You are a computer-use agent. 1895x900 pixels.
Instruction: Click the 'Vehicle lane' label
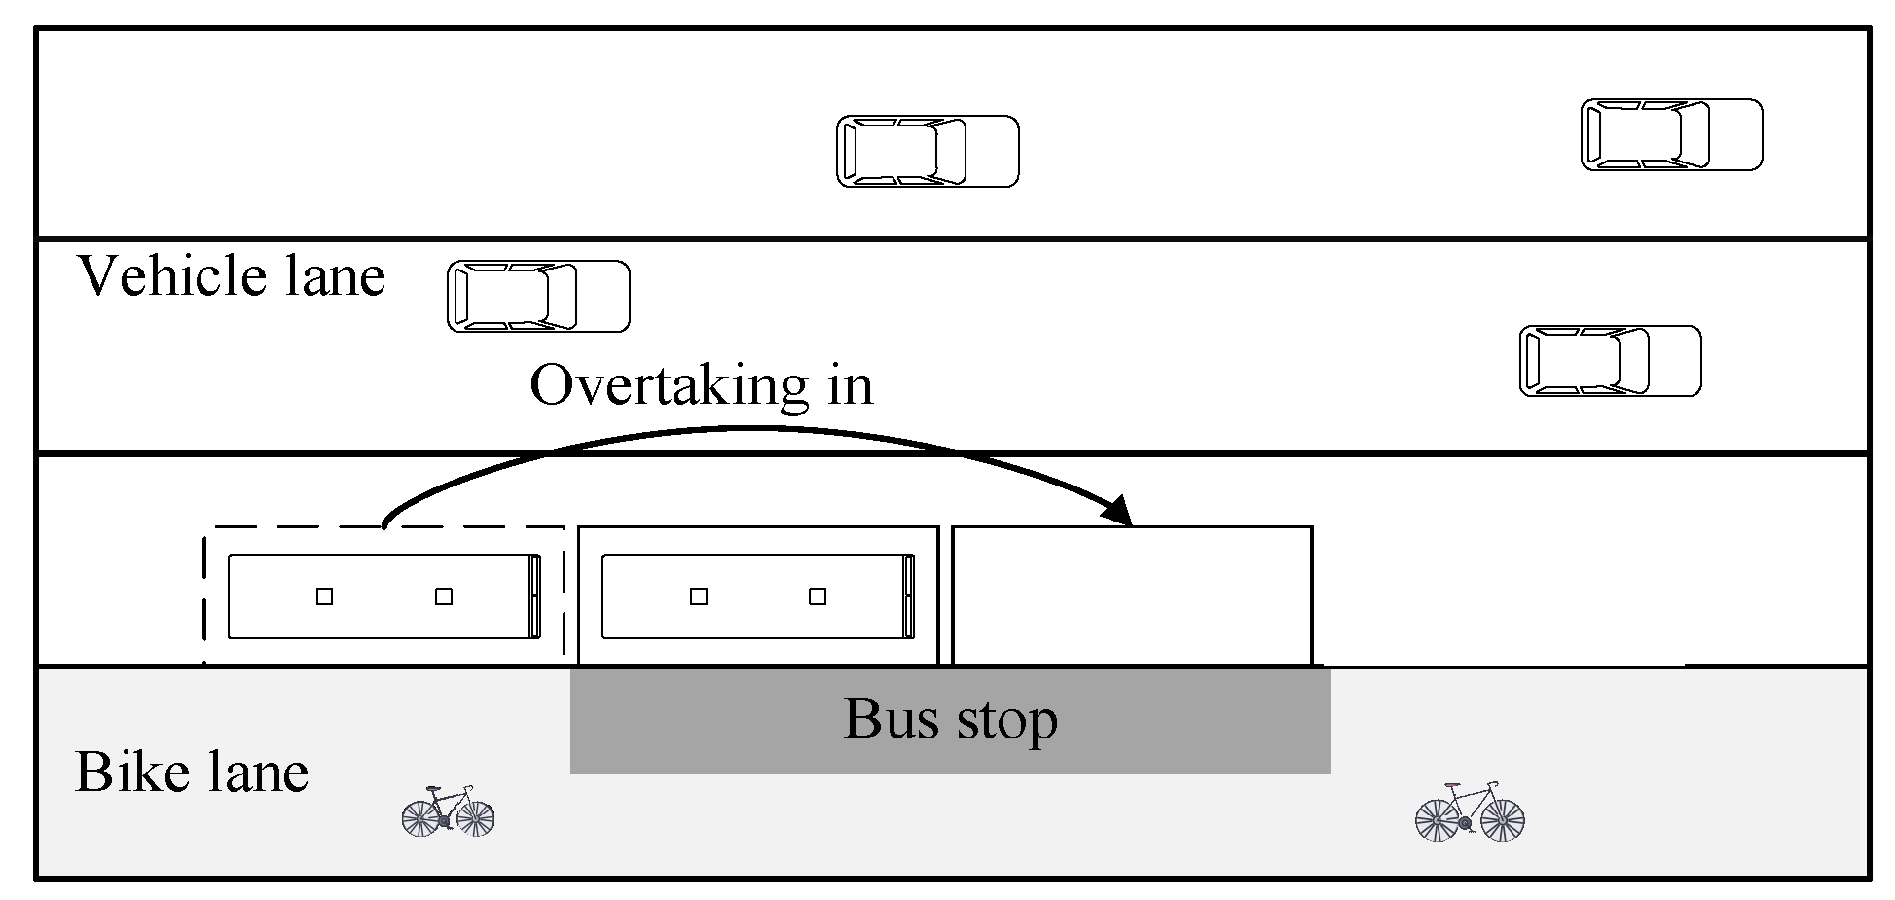232,276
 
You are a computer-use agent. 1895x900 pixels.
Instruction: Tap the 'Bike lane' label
192,774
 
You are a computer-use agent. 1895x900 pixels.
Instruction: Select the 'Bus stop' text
950,720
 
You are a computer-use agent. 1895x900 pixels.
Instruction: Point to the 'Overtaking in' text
701,386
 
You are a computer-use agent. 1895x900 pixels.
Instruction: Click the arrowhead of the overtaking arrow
1120,511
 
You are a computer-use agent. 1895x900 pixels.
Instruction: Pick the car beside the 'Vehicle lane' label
538,296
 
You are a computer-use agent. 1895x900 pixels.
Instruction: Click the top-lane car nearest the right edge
1671,134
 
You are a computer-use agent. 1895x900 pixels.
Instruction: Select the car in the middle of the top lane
928,152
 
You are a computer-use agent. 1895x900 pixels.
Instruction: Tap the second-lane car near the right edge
1610,361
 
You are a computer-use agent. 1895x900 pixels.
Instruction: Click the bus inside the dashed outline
384,596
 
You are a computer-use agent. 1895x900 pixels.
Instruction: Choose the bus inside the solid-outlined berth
758,596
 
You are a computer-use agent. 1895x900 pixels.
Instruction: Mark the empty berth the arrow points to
1132,595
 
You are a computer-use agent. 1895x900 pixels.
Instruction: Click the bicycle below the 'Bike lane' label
449,811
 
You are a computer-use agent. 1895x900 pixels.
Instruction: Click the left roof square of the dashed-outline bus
325,596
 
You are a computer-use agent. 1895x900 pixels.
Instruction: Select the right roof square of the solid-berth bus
818,596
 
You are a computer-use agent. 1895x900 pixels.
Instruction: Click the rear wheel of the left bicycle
421,817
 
